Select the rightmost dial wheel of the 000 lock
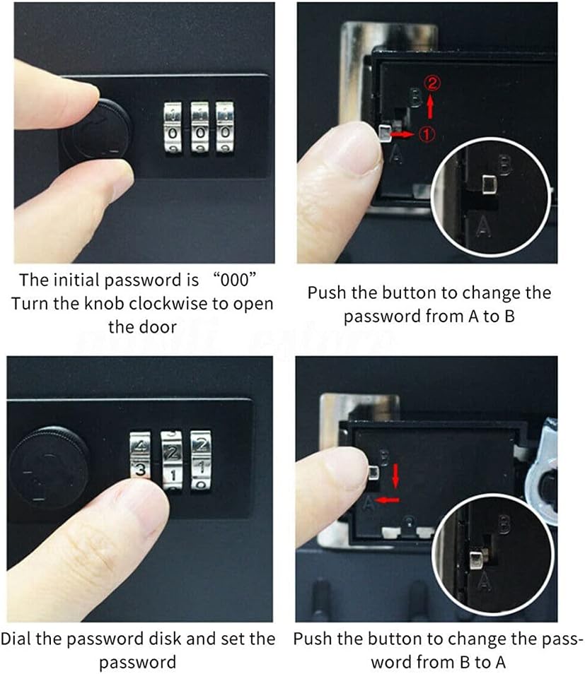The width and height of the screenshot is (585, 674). click(225, 128)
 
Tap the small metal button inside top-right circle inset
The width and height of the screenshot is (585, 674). click(488, 186)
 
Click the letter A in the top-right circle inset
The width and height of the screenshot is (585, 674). click(484, 227)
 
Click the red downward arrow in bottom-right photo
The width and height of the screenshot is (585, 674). click(395, 475)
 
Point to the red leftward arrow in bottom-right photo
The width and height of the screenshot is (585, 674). click(387, 500)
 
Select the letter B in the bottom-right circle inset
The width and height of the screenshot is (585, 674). click(504, 524)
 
